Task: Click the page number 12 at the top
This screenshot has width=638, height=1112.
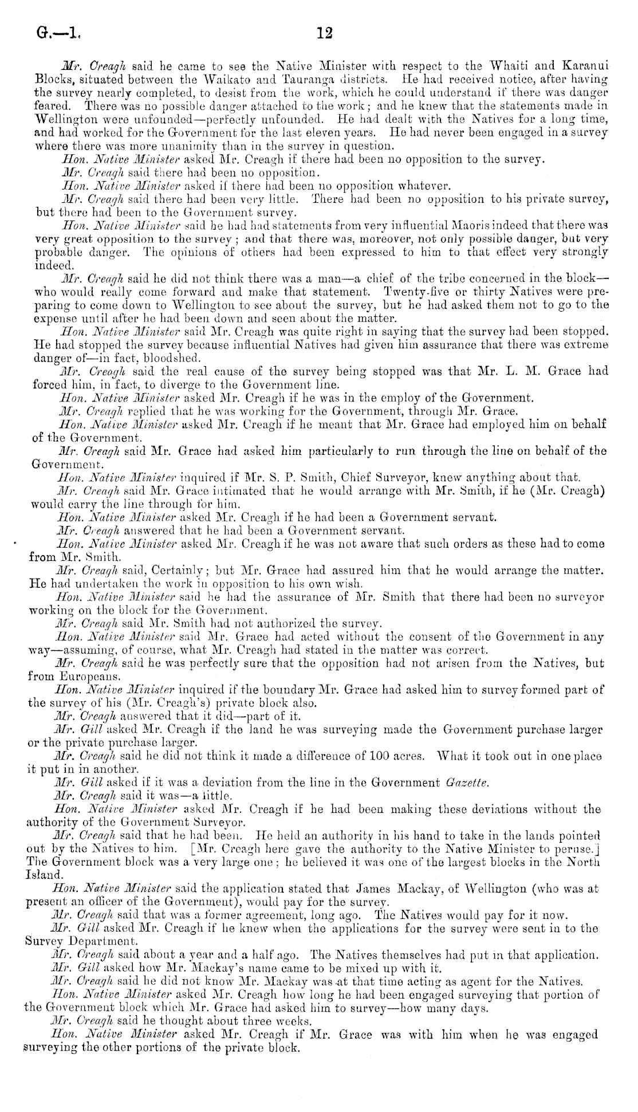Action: click(x=324, y=33)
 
